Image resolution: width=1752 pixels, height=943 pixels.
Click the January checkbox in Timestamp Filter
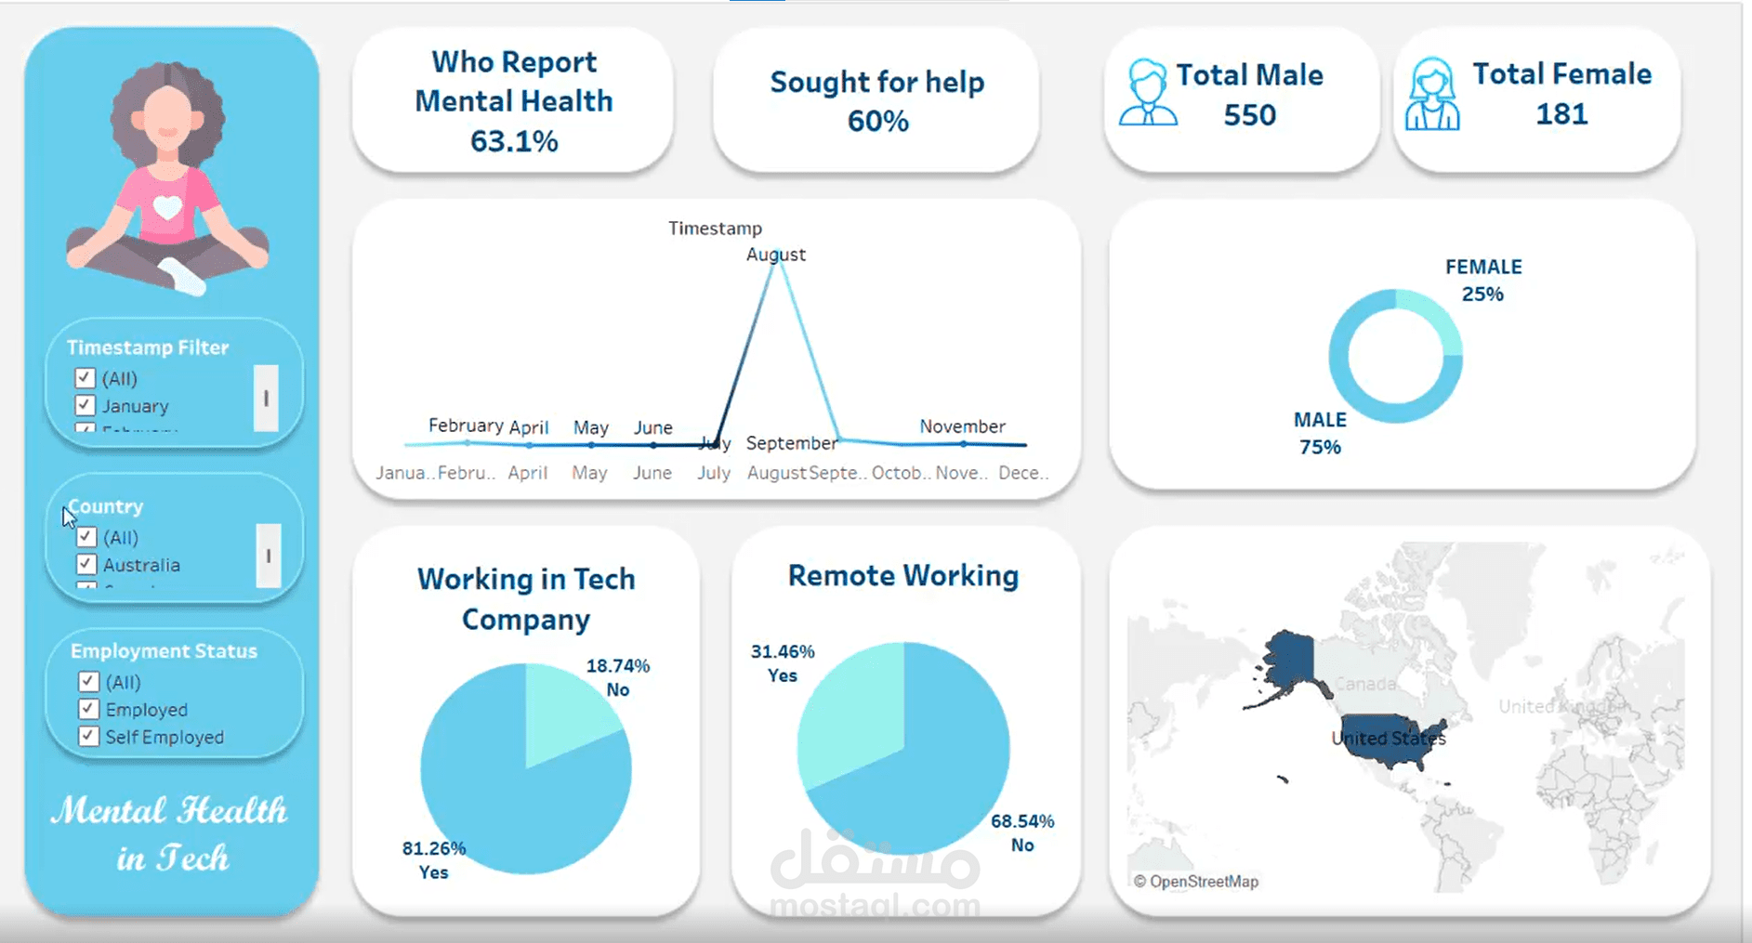(85, 405)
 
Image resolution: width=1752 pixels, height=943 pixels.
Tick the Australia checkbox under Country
(86, 564)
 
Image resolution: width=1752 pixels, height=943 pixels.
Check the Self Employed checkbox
(88, 736)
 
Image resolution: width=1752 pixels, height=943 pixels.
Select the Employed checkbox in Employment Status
(88, 709)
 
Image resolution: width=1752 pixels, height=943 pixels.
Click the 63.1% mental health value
(514, 141)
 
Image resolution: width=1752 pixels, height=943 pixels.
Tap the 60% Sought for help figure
(877, 121)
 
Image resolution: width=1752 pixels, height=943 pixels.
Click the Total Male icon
(1148, 93)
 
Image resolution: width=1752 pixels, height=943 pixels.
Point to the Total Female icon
(1431, 95)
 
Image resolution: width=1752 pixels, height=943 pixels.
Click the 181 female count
(1561, 114)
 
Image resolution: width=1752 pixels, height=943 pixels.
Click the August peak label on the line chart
(776, 255)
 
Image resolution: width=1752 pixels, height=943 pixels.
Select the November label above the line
(962, 426)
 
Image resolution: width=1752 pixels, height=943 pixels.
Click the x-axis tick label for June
(652, 473)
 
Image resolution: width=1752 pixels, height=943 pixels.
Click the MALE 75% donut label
(1320, 433)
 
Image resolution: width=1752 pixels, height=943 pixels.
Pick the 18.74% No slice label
(617, 677)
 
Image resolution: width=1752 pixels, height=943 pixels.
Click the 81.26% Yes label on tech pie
(433, 859)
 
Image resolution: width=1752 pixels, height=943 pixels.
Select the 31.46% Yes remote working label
(783, 663)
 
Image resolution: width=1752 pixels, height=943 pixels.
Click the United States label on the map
(1389, 739)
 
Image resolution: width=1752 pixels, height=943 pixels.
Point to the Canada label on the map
(1365, 685)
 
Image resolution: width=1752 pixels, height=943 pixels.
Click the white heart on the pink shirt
(167, 207)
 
